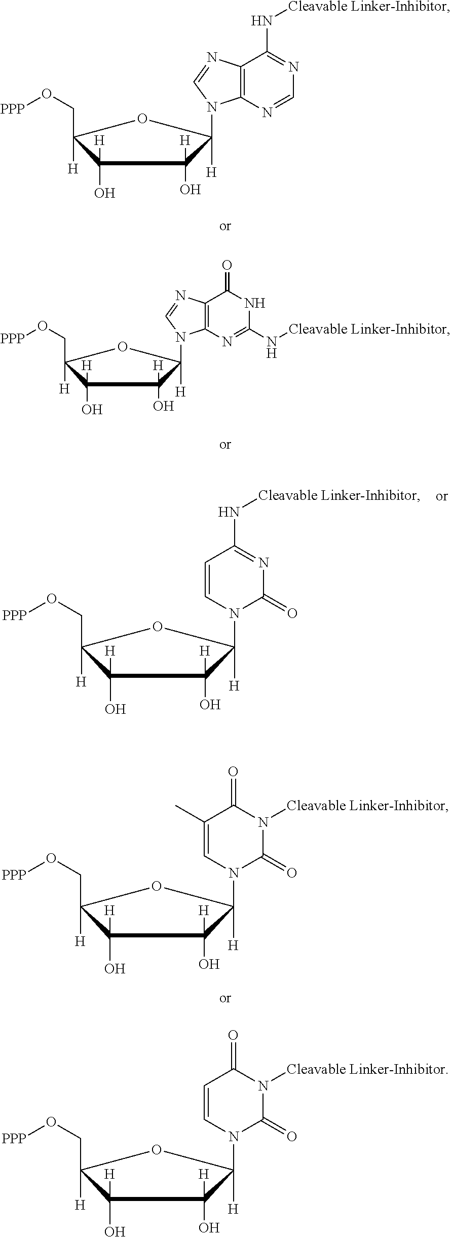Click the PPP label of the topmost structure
coord(13,109)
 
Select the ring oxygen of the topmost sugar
coord(142,120)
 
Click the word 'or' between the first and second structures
coord(225,226)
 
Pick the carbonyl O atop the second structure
coord(227,265)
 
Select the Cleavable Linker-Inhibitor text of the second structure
coord(369,330)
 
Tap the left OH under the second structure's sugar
coord(92,409)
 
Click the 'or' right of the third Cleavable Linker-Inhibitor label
coord(442,496)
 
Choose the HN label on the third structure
coord(229,512)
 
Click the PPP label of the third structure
coord(15,615)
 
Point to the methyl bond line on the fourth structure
coord(190,812)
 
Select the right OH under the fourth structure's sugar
coord(209,964)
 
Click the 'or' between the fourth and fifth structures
coord(225,998)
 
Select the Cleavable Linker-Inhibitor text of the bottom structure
coord(368,1070)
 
